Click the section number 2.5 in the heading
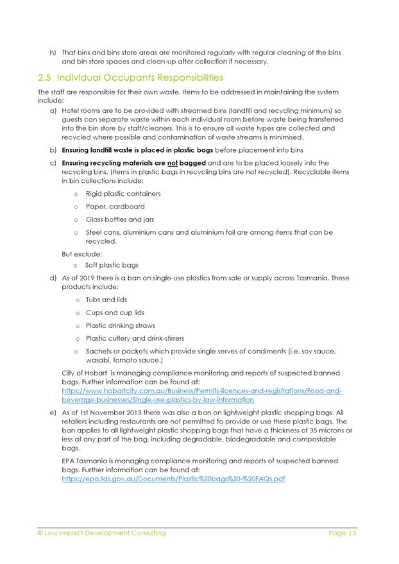click(x=45, y=78)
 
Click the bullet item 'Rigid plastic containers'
click(x=123, y=194)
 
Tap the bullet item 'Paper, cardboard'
click(x=115, y=207)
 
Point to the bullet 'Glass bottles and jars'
click(x=120, y=219)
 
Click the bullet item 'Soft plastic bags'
click(x=112, y=264)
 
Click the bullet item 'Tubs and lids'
click(x=106, y=300)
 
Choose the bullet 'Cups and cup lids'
click(x=115, y=312)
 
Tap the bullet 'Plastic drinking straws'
click(x=121, y=325)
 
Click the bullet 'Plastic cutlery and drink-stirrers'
click(x=135, y=338)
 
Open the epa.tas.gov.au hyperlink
click(x=173, y=479)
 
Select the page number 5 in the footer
click(x=353, y=533)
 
